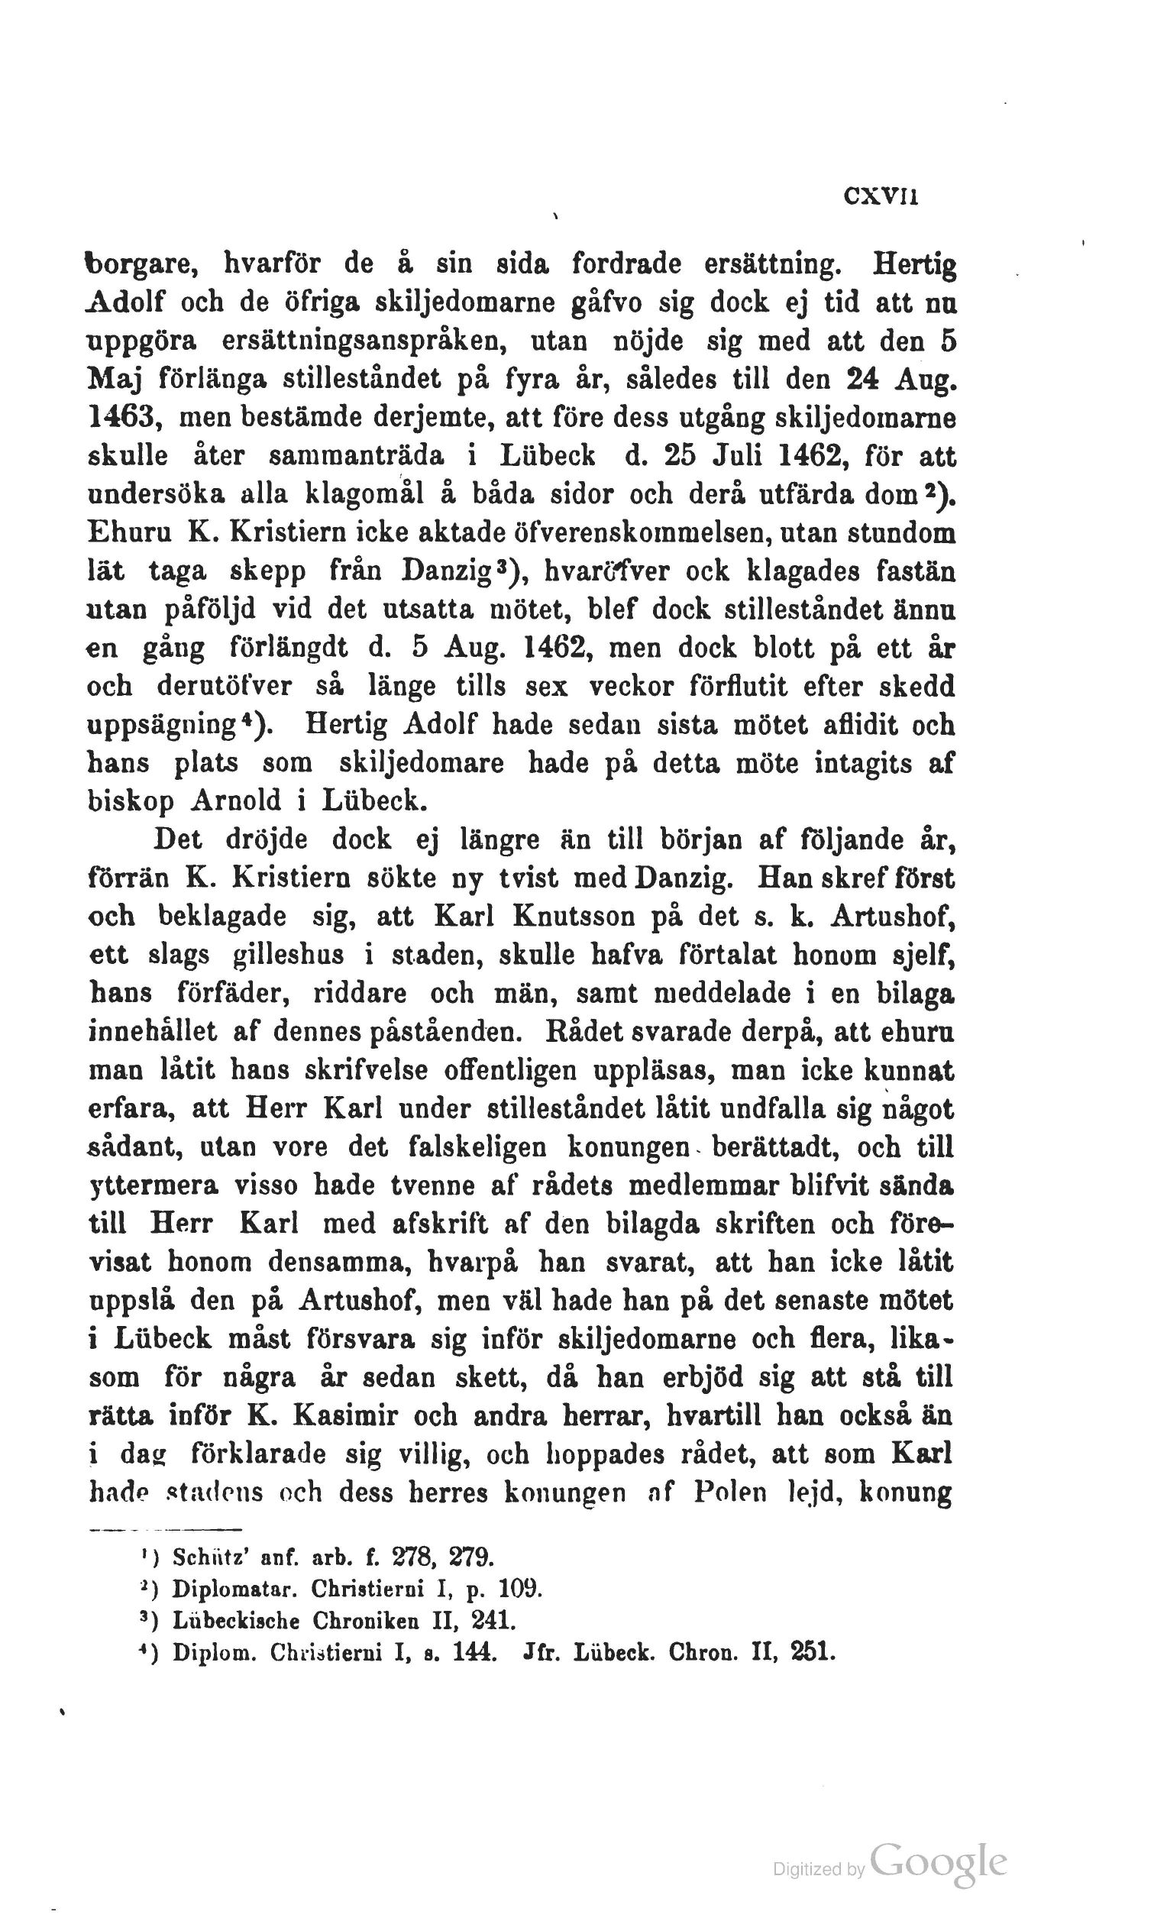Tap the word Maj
coord(114,380)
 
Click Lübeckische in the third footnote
coord(235,1621)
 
